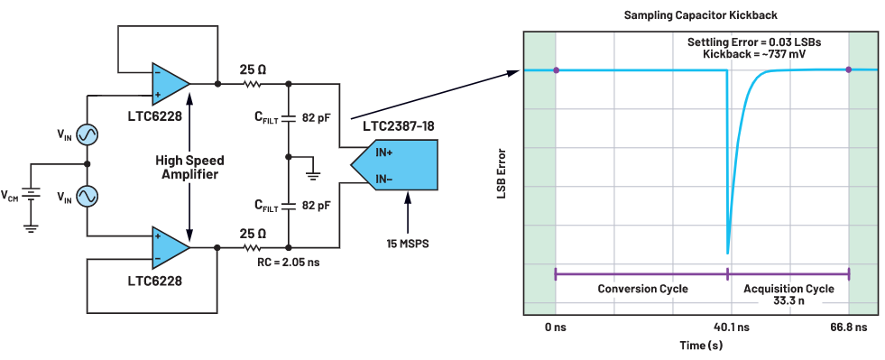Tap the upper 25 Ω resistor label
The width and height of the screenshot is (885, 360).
coord(252,70)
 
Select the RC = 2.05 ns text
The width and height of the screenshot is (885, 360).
coord(288,263)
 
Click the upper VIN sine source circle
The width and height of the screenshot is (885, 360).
coord(87,134)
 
